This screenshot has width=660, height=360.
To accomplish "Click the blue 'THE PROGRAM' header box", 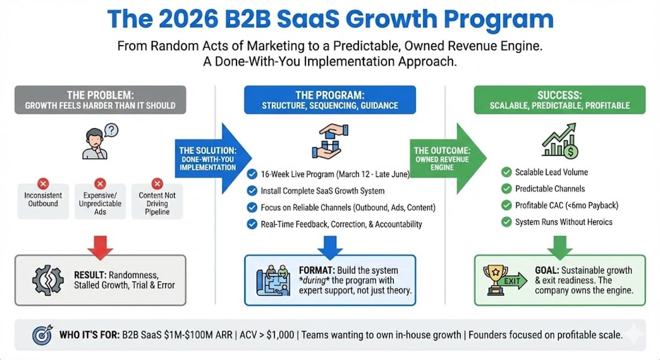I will (x=330, y=99).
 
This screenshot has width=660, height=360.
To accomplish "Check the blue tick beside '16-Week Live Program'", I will (x=252, y=175).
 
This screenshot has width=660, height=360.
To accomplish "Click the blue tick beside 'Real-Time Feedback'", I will (x=252, y=224).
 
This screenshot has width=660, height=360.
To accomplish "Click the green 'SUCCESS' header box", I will (x=560, y=99).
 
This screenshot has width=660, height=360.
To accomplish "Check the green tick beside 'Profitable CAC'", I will (x=506, y=206).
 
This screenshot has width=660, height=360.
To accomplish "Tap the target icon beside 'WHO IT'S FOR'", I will (x=42, y=335).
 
